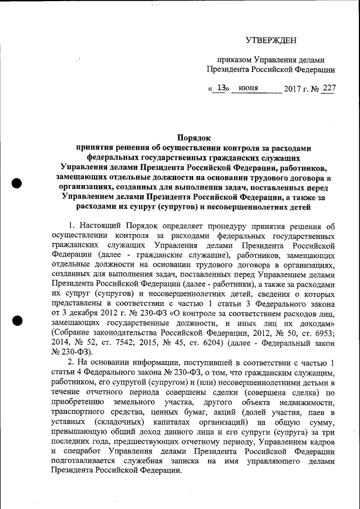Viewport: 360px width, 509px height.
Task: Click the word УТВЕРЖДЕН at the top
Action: [x=271, y=39]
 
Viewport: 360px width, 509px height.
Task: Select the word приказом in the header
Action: [x=235, y=60]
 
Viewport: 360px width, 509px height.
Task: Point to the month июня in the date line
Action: [x=248, y=88]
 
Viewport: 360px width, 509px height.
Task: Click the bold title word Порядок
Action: [x=193, y=138]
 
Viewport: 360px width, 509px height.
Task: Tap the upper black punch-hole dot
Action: [x=18, y=182]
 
